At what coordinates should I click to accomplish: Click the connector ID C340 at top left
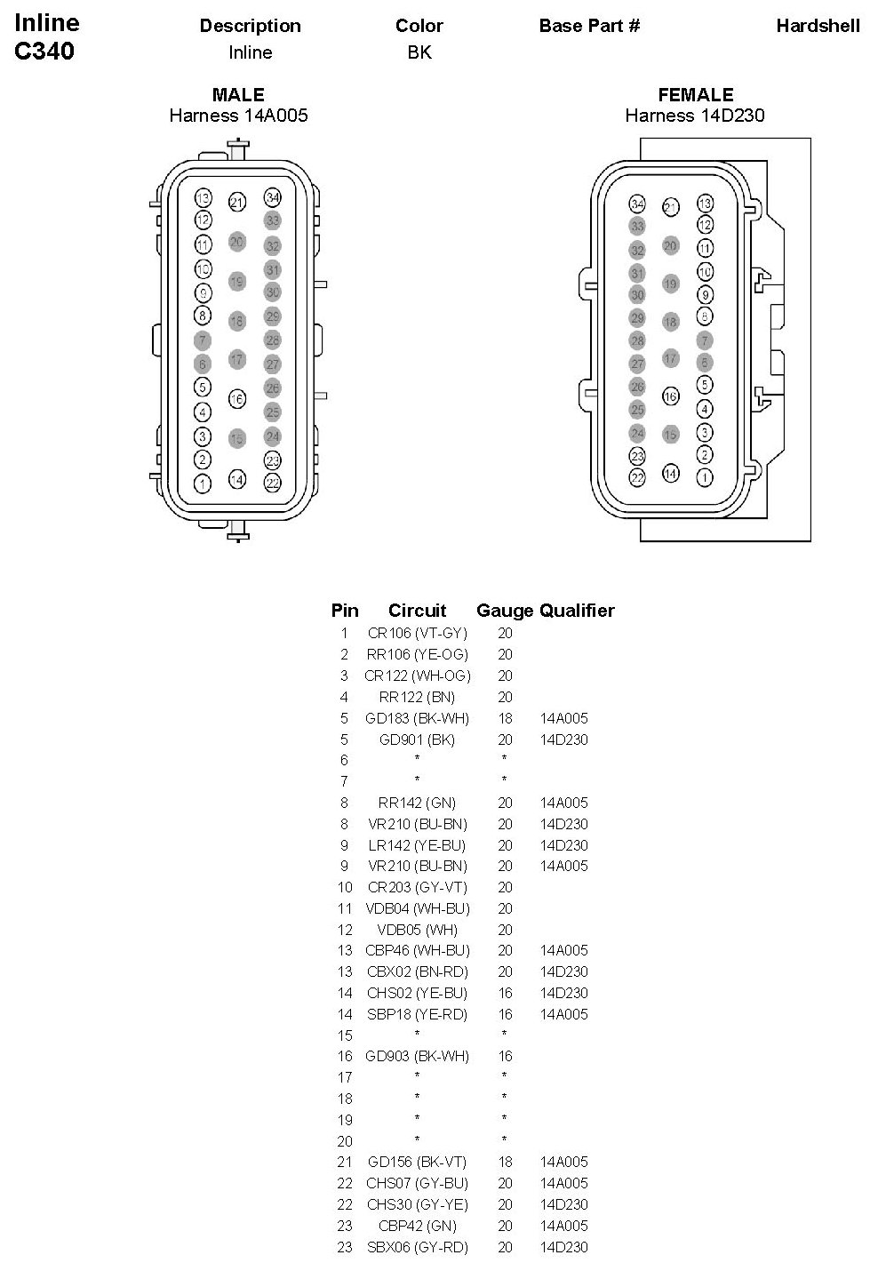coord(44,52)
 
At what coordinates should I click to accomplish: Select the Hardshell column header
coord(818,26)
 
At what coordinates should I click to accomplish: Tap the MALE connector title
coord(238,95)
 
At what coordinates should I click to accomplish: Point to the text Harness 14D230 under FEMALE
coord(694,116)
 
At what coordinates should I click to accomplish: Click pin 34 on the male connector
coord(273,197)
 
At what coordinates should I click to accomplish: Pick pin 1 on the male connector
coord(204,484)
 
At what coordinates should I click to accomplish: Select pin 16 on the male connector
coord(236,399)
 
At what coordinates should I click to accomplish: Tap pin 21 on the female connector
coord(671,207)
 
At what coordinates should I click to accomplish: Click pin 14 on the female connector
coord(671,474)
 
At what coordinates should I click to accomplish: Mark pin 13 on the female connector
coord(705,204)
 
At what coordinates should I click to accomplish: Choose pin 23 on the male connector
coord(273,460)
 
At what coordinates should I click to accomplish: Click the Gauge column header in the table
coord(504,611)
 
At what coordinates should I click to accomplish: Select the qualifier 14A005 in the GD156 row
coord(563,1162)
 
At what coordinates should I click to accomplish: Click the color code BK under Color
coord(419,52)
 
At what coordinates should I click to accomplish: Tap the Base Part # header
coord(589,26)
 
